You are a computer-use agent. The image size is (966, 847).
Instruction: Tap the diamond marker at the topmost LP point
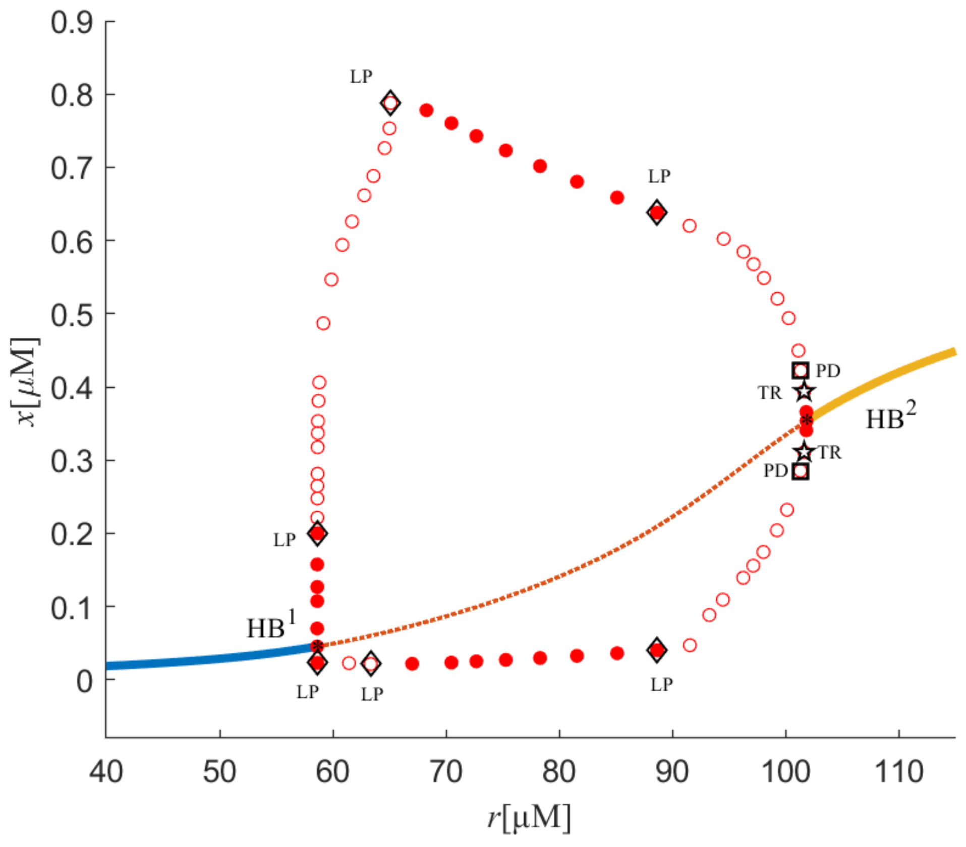390,103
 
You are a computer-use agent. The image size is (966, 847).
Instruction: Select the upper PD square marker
800,371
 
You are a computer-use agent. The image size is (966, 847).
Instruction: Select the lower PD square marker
800,471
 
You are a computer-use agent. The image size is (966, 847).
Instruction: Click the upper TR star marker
804,391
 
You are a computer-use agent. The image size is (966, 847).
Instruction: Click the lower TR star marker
804,452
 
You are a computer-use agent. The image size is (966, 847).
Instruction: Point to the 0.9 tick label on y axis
72,23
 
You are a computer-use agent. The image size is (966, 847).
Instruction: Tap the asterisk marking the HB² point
807,419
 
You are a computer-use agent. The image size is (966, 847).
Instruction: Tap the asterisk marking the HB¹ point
317,646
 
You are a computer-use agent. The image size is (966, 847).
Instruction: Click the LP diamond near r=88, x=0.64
656,212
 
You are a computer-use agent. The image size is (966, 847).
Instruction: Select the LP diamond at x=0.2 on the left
317,533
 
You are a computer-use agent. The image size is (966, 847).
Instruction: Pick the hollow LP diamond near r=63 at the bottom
371,663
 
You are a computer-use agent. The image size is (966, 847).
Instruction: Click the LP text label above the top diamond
361,77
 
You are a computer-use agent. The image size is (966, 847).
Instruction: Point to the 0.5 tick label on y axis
72,315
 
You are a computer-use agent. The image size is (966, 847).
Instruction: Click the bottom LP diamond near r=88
656,650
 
